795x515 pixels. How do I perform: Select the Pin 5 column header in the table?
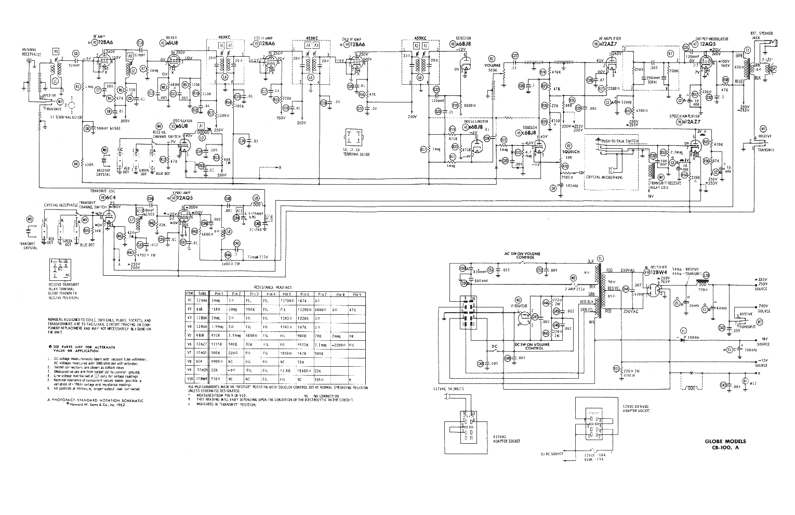click(285, 294)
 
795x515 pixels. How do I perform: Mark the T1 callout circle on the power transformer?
click(601, 259)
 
